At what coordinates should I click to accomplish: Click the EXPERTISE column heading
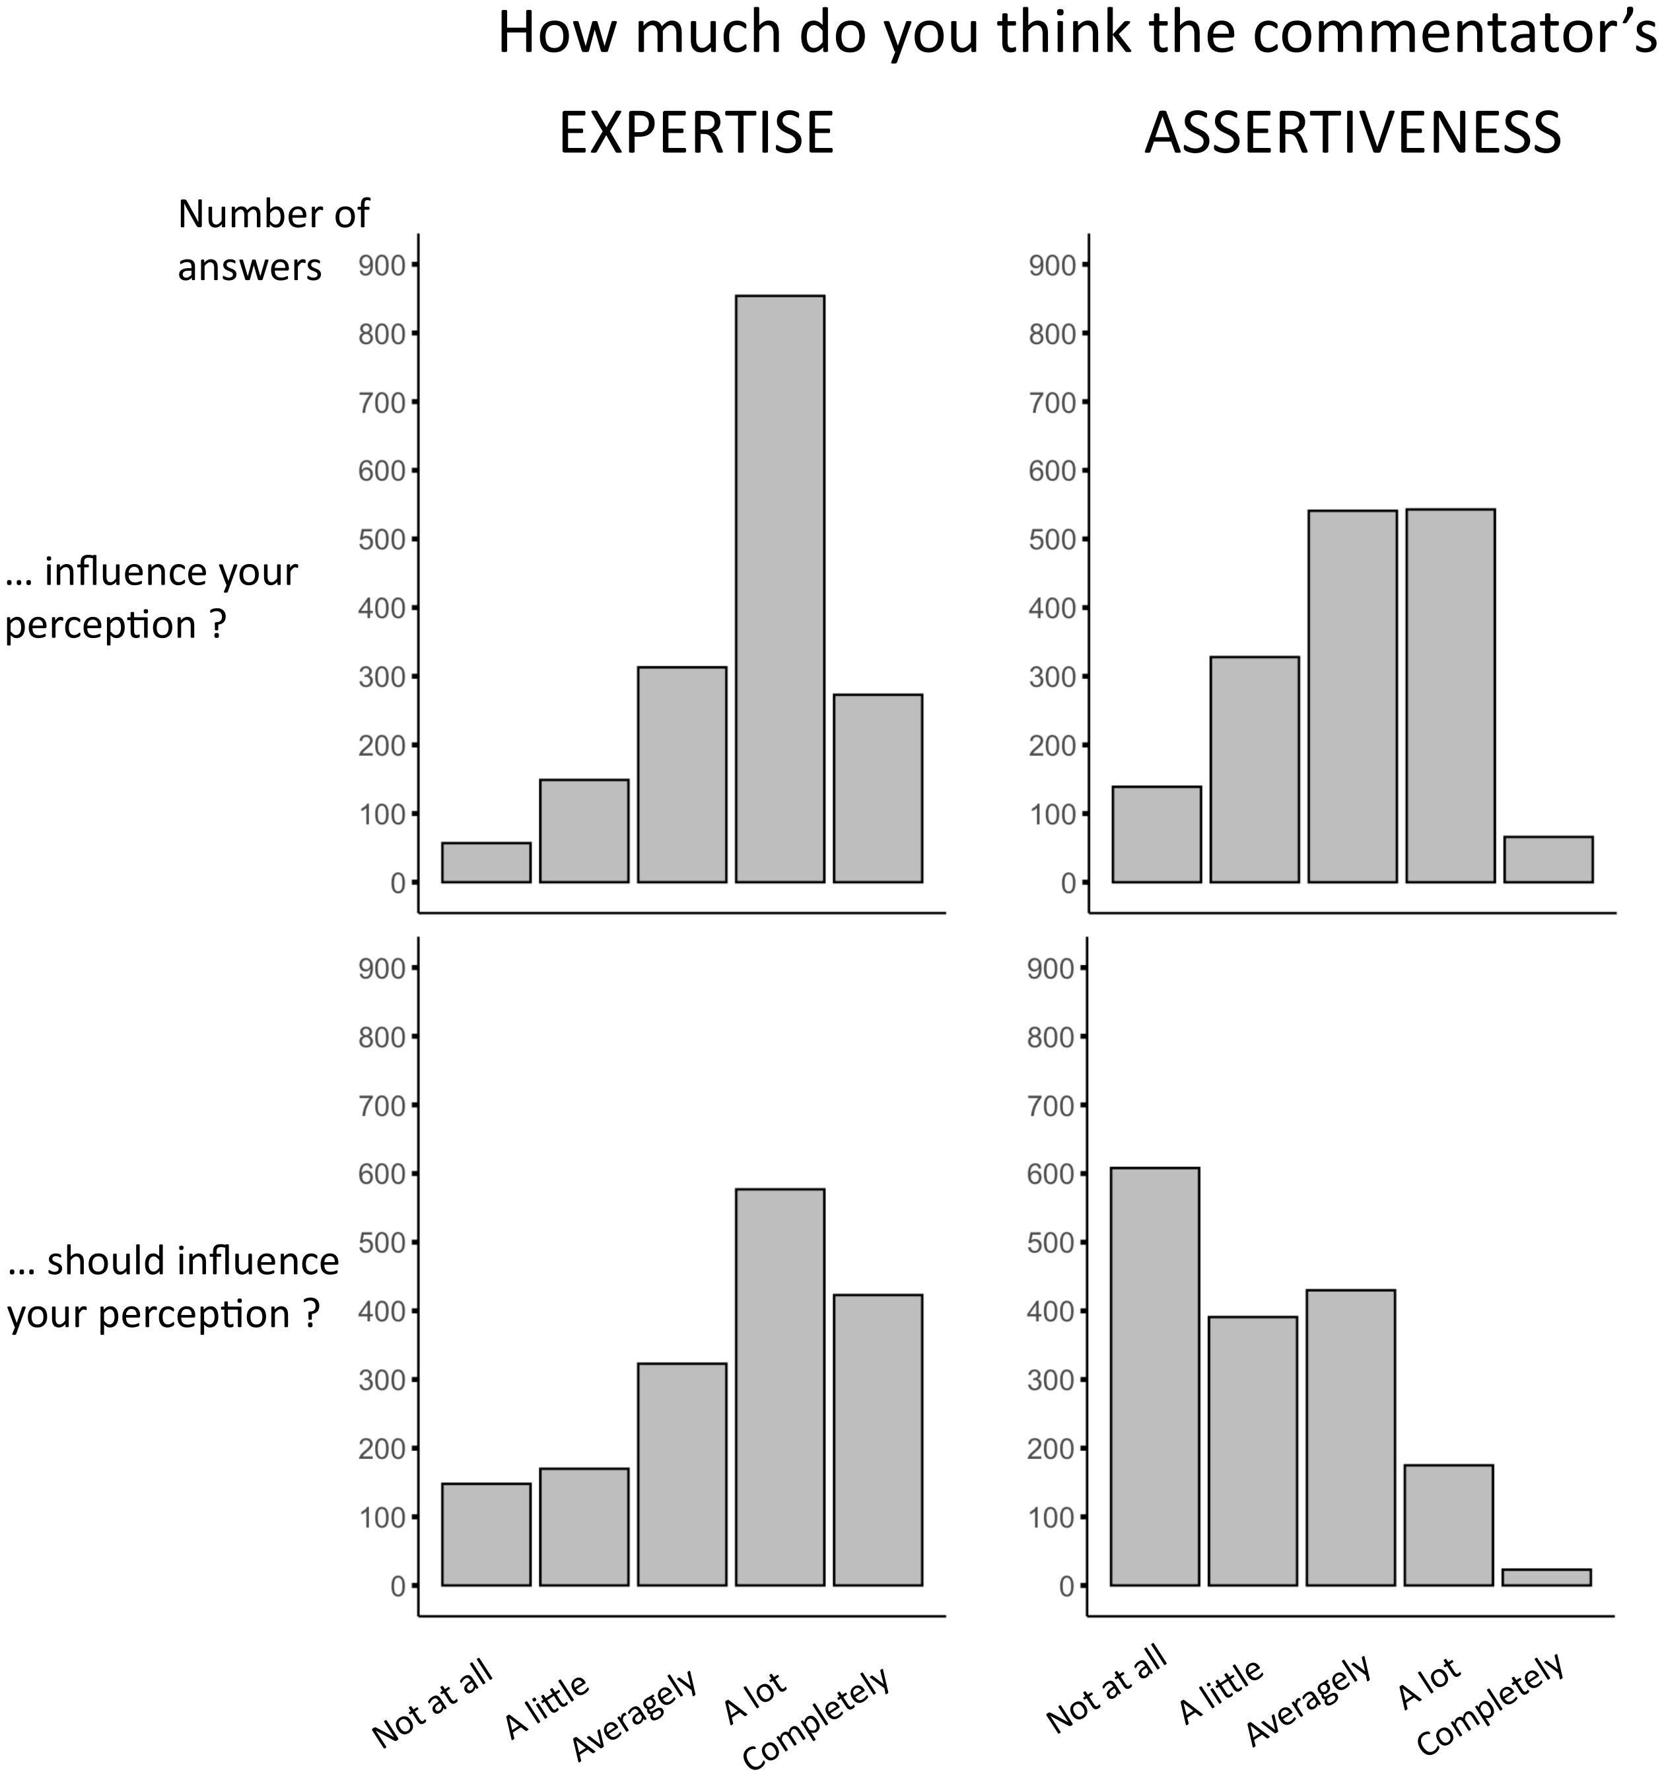click(695, 133)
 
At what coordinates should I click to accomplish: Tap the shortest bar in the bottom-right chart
click(1546, 1577)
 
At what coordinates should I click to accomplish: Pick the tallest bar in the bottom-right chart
click(1154, 1376)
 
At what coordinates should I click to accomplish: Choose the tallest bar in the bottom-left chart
click(780, 1387)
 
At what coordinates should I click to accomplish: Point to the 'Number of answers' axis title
click(272, 240)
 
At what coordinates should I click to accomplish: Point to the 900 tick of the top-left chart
click(383, 265)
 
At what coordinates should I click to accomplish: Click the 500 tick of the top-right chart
click(1053, 540)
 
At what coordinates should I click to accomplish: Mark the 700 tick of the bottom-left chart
click(383, 1106)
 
